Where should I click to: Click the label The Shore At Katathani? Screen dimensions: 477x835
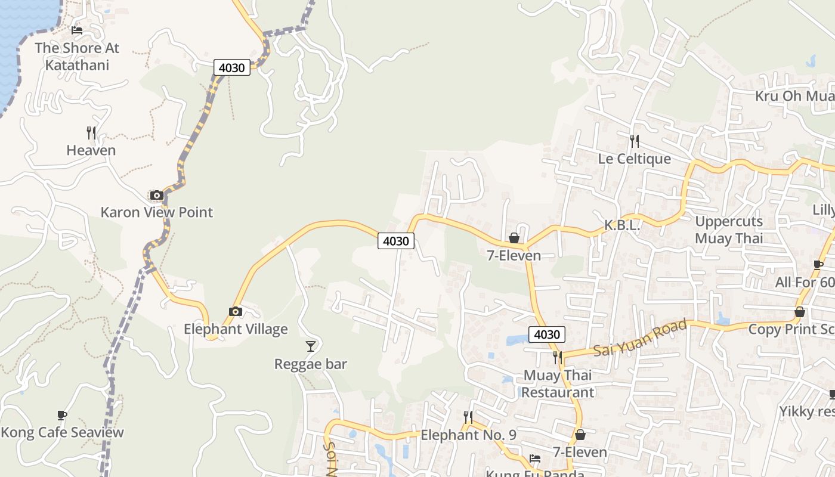[77, 56]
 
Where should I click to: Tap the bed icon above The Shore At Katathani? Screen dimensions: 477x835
[77, 30]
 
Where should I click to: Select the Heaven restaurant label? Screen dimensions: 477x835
[91, 150]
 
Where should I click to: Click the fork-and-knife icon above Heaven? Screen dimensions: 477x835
[91, 132]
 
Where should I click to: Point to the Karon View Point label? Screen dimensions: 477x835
[156, 212]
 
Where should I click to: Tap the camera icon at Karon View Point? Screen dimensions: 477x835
[156, 195]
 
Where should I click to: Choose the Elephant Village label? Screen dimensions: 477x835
[236, 329]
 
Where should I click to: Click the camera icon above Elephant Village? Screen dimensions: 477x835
[236, 311]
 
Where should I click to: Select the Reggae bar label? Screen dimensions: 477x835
[310, 364]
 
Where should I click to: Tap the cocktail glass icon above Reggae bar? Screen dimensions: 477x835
[310, 346]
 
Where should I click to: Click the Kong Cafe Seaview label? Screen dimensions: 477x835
[62, 432]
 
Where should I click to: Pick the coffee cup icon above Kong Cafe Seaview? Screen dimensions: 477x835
[62, 415]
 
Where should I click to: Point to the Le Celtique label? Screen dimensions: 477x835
[634, 159]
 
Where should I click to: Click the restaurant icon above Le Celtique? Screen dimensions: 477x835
[635, 141]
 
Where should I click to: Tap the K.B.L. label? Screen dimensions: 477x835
[622, 225]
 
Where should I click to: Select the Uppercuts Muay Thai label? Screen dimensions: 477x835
[729, 230]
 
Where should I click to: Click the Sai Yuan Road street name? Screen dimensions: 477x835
[640, 339]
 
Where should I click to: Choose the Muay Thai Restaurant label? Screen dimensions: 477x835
[558, 383]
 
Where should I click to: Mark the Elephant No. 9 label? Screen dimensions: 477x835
[468, 435]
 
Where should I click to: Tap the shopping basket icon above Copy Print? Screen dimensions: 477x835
[800, 312]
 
